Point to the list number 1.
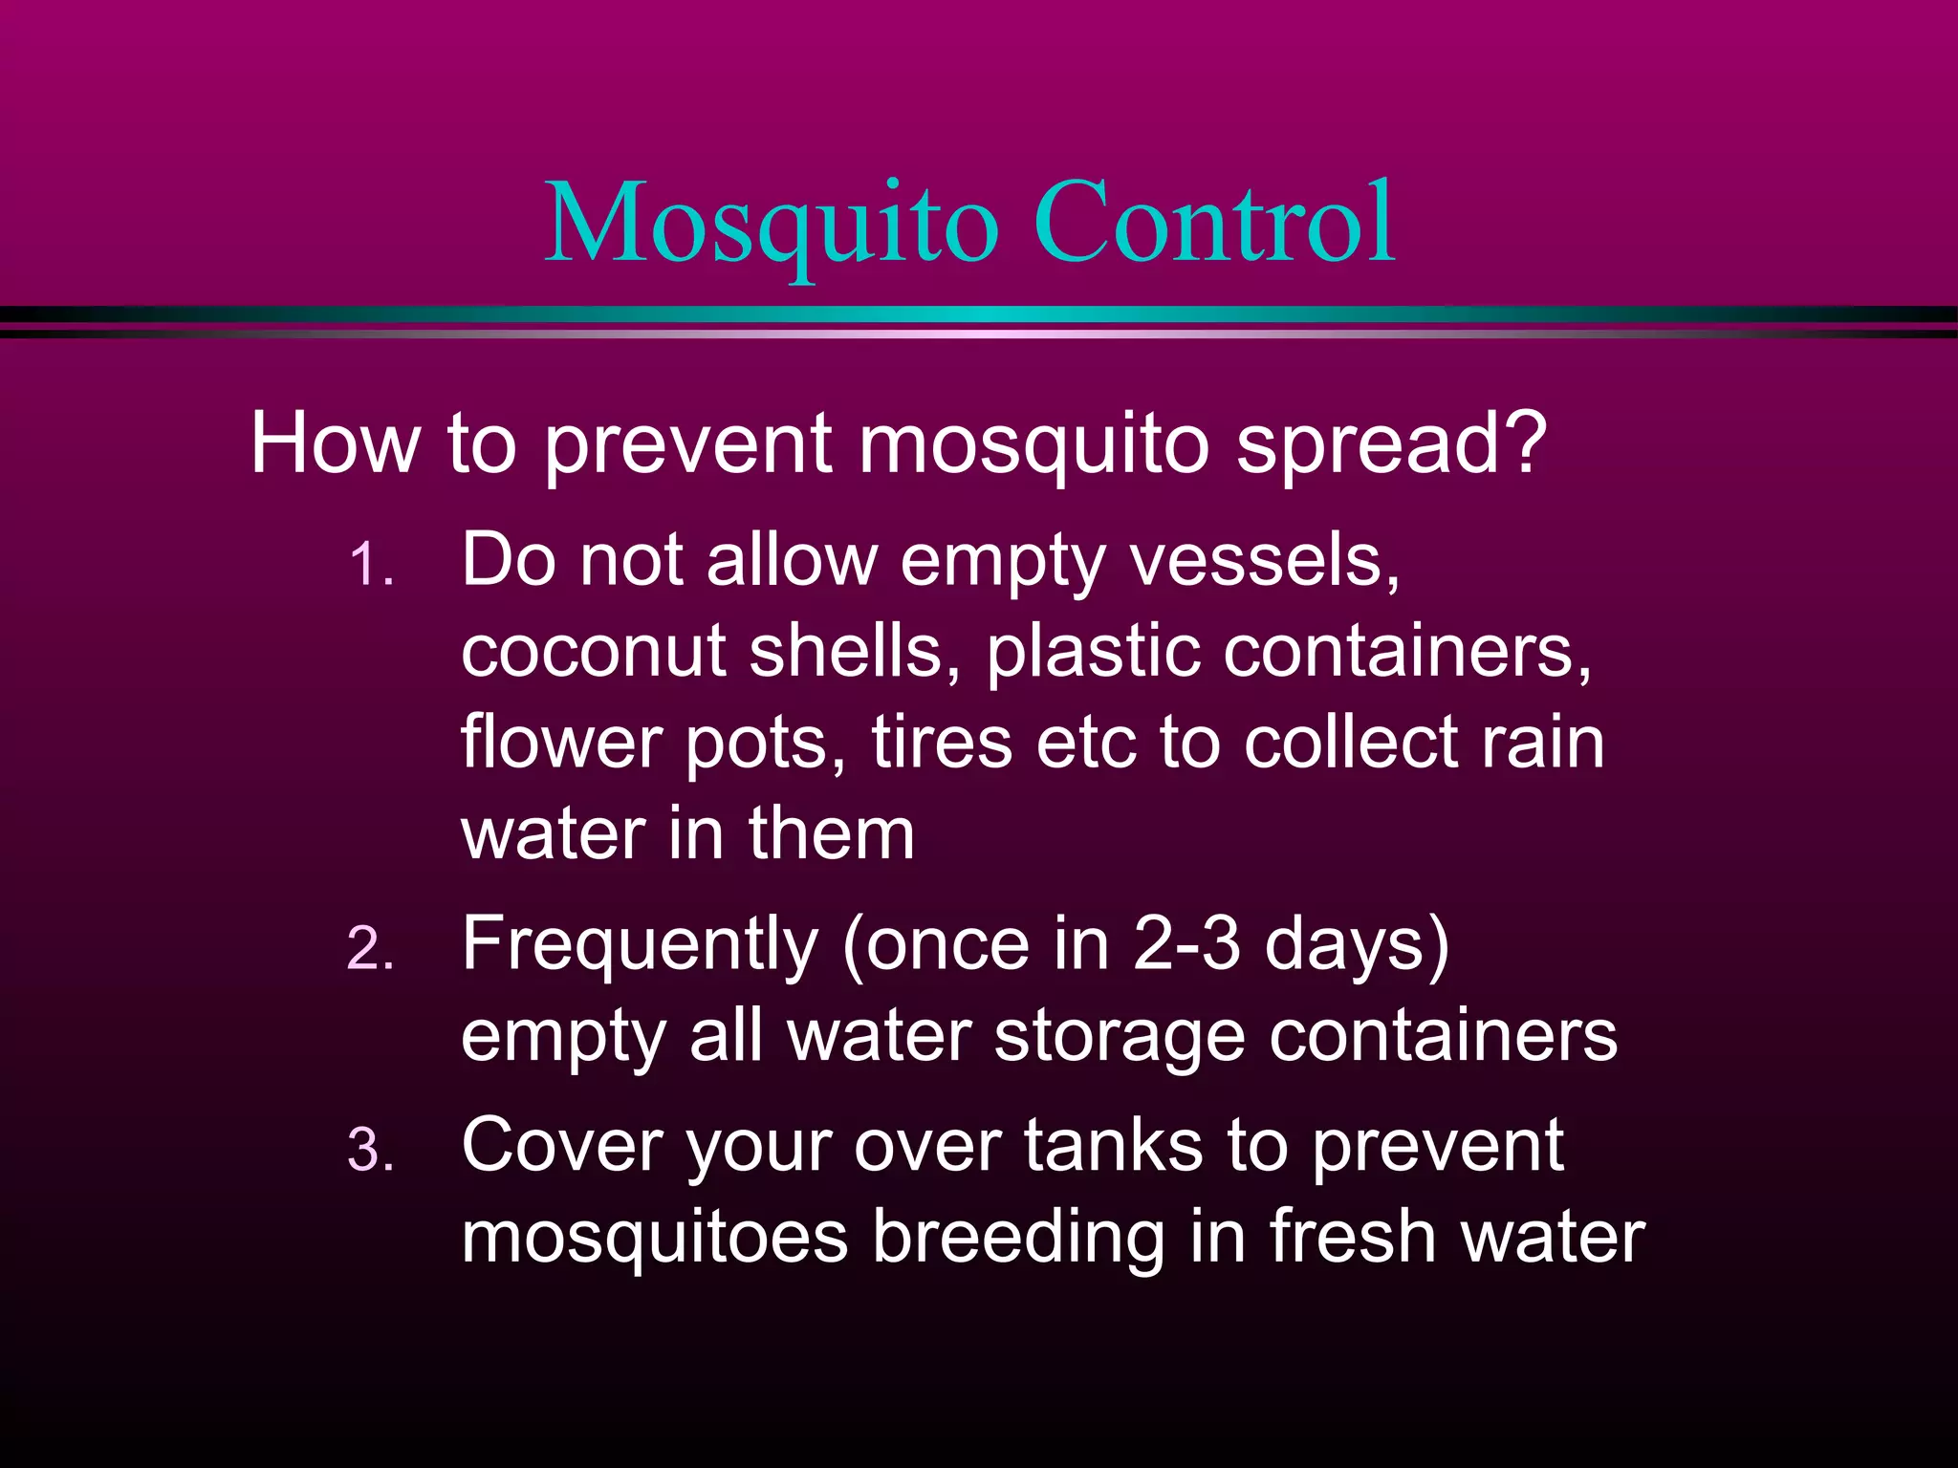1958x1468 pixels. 369,565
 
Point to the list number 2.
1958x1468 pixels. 369,949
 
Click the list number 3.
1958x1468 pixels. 369,1150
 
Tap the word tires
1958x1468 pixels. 942,743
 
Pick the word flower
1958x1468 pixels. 562,743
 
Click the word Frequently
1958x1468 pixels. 640,945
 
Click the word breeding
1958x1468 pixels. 1019,1238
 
